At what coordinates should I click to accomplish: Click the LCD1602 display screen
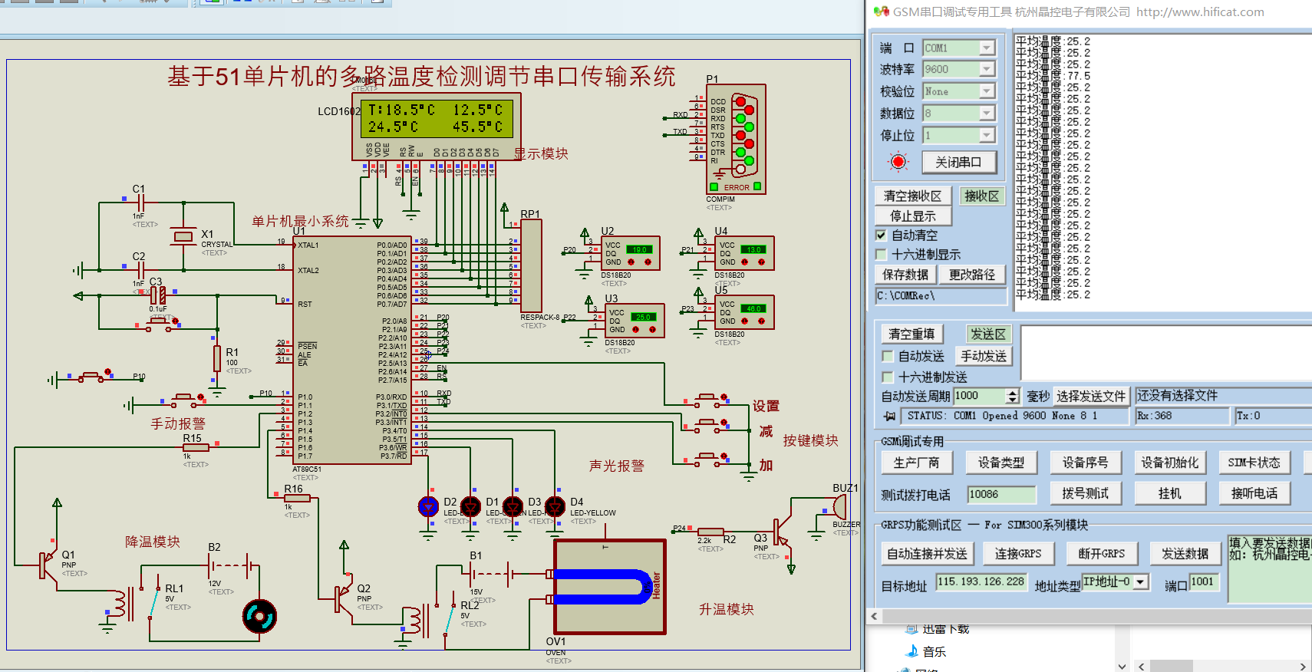(x=436, y=118)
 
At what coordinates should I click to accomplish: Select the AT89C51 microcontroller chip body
(x=352, y=350)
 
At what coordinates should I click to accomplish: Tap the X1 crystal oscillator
(x=183, y=237)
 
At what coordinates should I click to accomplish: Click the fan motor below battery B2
(x=259, y=616)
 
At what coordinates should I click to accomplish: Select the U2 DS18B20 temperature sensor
(x=630, y=253)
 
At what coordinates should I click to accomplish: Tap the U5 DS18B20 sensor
(x=743, y=312)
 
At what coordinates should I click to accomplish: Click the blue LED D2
(x=428, y=506)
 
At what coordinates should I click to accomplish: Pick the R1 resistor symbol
(x=217, y=358)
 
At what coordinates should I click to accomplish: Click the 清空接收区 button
(x=912, y=196)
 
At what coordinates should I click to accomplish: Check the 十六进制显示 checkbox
(x=882, y=254)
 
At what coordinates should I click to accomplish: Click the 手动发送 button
(x=984, y=356)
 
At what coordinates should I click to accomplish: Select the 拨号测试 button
(x=1085, y=493)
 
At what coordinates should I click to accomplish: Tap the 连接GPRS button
(x=1018, y=553)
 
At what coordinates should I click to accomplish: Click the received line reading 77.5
(x=1053, y=76)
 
